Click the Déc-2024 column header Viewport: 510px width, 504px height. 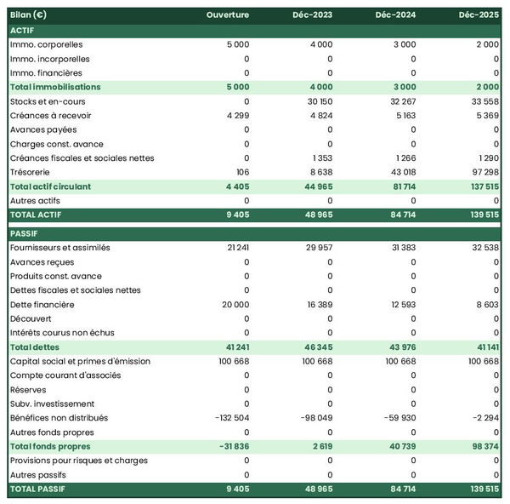(393, 15)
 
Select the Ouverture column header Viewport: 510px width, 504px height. (227, 15)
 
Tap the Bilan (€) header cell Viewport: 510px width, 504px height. (29, 15)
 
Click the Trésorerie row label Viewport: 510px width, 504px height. (31, 172)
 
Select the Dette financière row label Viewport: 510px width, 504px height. (42, 304)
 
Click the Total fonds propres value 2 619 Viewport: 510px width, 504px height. (320, 446)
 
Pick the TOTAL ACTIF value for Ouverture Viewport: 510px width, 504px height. (237, 215)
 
